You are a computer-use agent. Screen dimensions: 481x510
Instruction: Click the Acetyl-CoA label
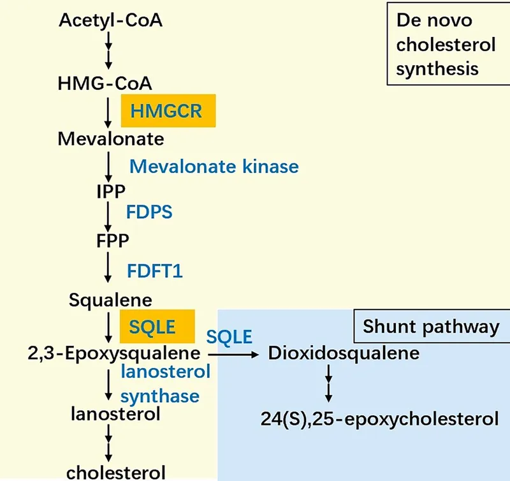pyautogui.click(x=110, y=21)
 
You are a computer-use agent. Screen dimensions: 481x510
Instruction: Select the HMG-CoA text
pyautogui.click(x=105, y=83)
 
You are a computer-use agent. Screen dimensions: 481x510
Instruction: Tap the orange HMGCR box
pyautogui.click(x=168, y=111)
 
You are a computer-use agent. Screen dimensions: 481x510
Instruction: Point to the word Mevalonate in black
pyautogui.click(x=111, y=138)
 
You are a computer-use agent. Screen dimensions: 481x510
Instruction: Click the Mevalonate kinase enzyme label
pyautogui.click(x=214, y=166)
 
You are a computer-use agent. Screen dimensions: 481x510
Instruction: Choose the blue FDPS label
pyautogui.click(x=149, y=212)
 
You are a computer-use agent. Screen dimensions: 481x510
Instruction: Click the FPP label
pyautogui.click(x=110, y=241)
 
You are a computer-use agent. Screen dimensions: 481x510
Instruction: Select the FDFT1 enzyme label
pyautogui.click(x=155, y=270)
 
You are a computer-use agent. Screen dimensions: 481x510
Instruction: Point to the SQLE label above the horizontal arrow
pyautogui.click(x=228, y=336)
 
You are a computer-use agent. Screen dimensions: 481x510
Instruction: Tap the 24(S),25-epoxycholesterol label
pyautogui.click(x=379, y=419)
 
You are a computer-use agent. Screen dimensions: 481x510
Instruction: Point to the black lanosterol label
pyautogui.click(x=115, y=415)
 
